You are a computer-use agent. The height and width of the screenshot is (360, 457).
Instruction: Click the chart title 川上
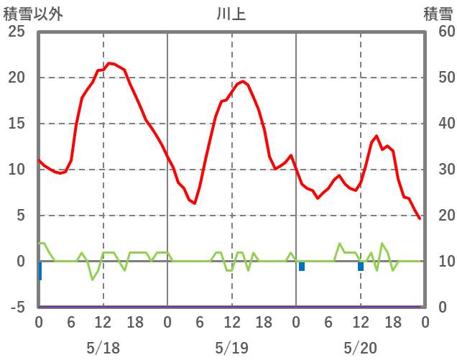point(231,14)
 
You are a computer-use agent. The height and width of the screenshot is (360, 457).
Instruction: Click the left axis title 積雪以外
point(33,14)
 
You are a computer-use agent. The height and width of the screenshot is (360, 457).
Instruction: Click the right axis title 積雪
point(438,14)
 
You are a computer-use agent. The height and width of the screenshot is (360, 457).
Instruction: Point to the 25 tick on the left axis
point(16,32)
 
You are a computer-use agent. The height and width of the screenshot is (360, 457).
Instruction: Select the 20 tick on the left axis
point(16,78)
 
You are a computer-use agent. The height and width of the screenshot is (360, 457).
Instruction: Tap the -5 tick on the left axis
point(16,308)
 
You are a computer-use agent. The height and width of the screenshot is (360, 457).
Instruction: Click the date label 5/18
point(103,349)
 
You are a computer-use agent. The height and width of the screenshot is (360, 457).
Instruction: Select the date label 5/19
point(231,349)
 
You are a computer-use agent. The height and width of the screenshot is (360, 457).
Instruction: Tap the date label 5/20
point(360,349)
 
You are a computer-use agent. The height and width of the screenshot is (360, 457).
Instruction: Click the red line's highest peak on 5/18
point(109,63)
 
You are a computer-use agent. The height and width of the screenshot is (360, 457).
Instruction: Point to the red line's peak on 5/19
point(243,81)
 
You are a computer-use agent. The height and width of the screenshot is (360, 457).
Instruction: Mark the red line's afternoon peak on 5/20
point(377,136)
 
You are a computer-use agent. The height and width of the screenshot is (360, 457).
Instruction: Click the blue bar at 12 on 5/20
point(361,266)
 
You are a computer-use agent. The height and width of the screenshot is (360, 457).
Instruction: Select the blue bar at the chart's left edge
point(40,270)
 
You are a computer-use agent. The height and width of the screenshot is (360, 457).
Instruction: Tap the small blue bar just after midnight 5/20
point(302,266)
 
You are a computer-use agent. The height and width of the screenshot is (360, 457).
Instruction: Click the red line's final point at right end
point(420,218)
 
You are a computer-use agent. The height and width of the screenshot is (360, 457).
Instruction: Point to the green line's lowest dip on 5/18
point(93,279)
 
